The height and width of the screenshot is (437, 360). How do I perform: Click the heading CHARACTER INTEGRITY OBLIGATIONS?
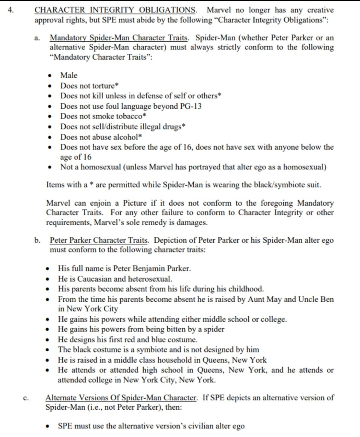point(115,10)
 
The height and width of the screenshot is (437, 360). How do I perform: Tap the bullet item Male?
point(69,76)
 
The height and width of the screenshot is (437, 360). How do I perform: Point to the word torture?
point(102,86)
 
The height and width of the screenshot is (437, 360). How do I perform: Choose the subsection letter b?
point(38,240)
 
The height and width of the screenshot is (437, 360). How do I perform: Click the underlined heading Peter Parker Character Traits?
point(99,240)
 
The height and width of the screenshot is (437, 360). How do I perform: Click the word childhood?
point(247,289)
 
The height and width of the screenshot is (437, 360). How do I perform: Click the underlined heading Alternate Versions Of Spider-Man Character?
point(121,398)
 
